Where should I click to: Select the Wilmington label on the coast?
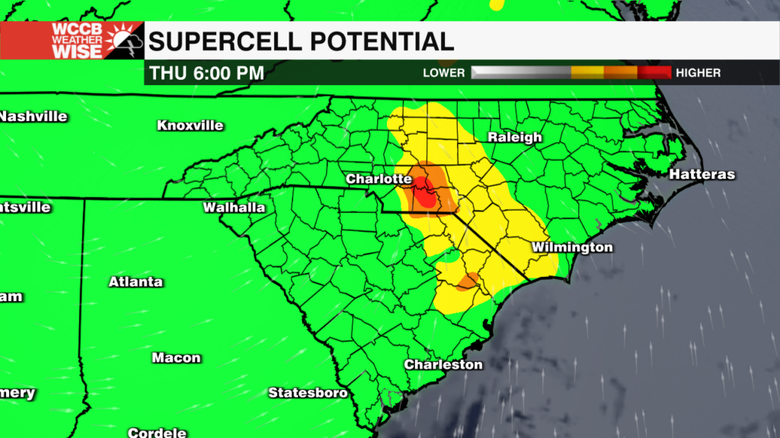[572, 248]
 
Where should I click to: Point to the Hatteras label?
[702, 175]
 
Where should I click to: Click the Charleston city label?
[443, 365]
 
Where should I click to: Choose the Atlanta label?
[136, 282]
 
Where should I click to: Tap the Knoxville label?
[190, 125]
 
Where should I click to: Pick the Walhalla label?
[234, 208]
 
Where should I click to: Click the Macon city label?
[176, 358]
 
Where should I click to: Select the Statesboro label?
[308, 393]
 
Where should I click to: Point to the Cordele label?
[158, 433]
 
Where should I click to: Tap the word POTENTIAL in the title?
[388, 41]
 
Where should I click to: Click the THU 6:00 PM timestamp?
[207, 74]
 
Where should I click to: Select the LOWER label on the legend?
[444, 73]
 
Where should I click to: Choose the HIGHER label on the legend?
[698, 73]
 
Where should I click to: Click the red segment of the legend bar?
[654, 73]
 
